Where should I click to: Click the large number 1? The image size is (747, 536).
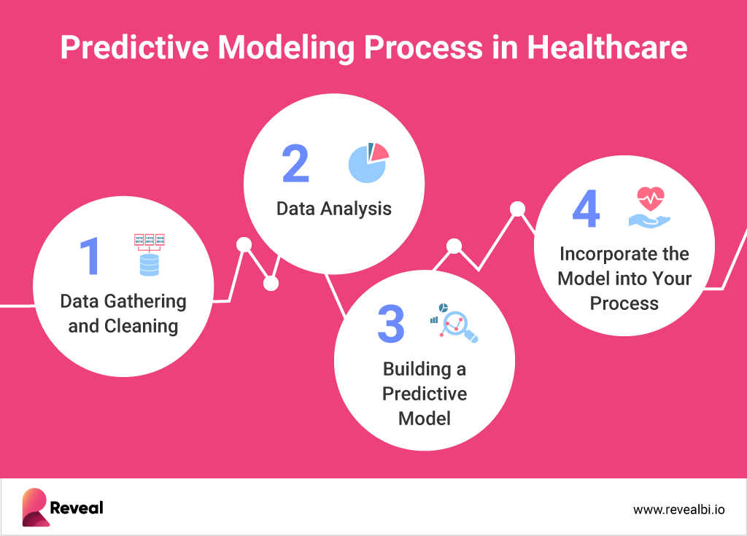tap(90, 257)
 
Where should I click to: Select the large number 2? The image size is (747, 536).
tap(295, 164)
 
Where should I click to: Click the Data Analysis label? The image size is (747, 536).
tap(333, 209)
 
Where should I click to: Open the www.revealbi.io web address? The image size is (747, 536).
tap(678, 509)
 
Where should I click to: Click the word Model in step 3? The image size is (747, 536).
tap(424, 419)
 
